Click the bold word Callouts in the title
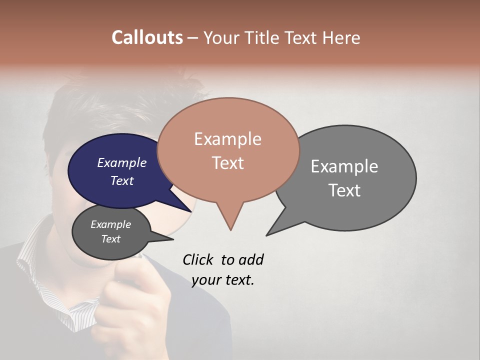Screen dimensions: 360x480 (x=147, y=38)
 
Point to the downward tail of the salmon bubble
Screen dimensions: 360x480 (x=230, y=220)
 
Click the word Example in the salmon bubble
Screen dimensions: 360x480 (x=228, y=139)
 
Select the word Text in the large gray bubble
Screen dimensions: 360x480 (x=344, y=190)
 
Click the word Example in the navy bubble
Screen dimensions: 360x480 (x=122, y=163)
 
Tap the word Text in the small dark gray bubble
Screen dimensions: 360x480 (x=111, y=239)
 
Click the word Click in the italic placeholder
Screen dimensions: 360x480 (x=199, y=259)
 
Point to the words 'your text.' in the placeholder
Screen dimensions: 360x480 (x=223, y=280)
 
